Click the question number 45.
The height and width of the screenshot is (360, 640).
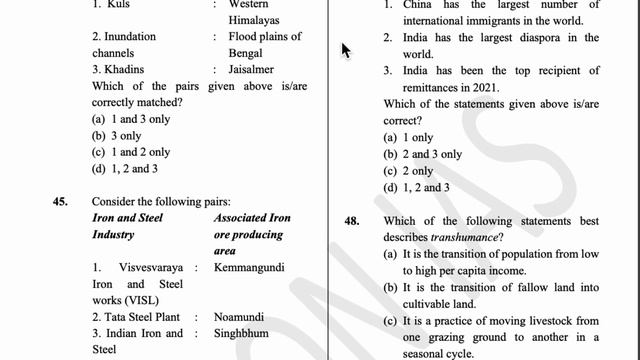point(61,201)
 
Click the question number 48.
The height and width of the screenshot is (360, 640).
point(352,221)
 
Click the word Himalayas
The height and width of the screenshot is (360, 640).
point(254,20)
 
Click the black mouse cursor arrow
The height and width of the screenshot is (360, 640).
point(346,49)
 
